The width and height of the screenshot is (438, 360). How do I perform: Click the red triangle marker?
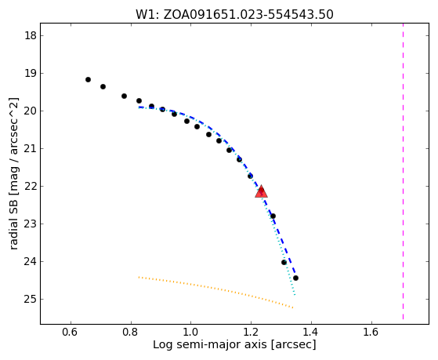coord(261,191)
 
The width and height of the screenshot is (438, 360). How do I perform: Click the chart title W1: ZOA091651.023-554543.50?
coord(234,15)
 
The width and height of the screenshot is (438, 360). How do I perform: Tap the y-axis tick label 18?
coord(31,36)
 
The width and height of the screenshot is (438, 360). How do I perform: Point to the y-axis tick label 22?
coord(31,187)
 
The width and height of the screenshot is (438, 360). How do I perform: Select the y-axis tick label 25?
coord(31,300)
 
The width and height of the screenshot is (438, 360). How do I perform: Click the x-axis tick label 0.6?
coord(71,332)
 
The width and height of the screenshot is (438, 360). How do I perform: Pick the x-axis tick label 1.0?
coord(190,332)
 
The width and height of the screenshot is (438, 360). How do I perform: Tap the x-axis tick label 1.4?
coord(311,332)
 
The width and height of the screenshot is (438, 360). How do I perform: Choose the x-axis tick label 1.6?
coord(371,332)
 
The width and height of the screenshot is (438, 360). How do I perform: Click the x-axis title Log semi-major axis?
coord(210,344)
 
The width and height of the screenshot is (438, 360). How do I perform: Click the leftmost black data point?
coord(88,80)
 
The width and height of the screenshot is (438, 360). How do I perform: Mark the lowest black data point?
coord(295,278)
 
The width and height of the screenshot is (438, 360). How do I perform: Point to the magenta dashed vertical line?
coord(403,172)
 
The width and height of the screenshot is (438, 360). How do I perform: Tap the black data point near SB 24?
coord(284,263)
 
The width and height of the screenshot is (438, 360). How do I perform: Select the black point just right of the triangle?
coord(273,216)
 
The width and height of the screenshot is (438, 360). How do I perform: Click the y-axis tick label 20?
coord(31,111)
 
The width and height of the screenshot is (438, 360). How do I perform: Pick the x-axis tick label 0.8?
coord(131,332)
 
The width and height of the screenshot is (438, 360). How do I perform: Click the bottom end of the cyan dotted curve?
coord(295,295)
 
